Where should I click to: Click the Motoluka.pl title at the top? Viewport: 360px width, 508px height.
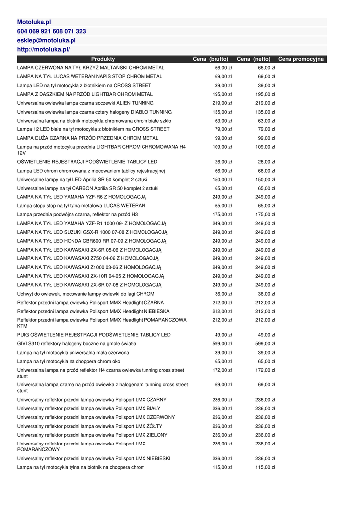point(34,22)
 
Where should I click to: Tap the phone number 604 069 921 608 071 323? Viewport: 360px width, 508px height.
point(52,31)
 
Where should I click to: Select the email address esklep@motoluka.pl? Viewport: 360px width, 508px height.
point(46,40)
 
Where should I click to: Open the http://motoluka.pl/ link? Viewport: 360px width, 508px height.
point(43,49)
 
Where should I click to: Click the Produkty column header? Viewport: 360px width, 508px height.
point(103,59)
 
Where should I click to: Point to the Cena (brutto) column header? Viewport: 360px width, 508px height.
point(211,59)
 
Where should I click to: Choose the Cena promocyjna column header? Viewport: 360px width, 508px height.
point(300,59)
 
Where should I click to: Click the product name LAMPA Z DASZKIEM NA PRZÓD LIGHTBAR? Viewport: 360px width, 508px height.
point(85,94)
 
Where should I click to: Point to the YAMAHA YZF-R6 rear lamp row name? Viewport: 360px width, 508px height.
point(81,197)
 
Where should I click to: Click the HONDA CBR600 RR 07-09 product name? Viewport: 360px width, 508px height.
point(92,241)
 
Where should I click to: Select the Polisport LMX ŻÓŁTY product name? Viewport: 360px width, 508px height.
point(89,426)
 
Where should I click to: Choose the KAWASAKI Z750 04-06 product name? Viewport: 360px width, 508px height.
point(88,258)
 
